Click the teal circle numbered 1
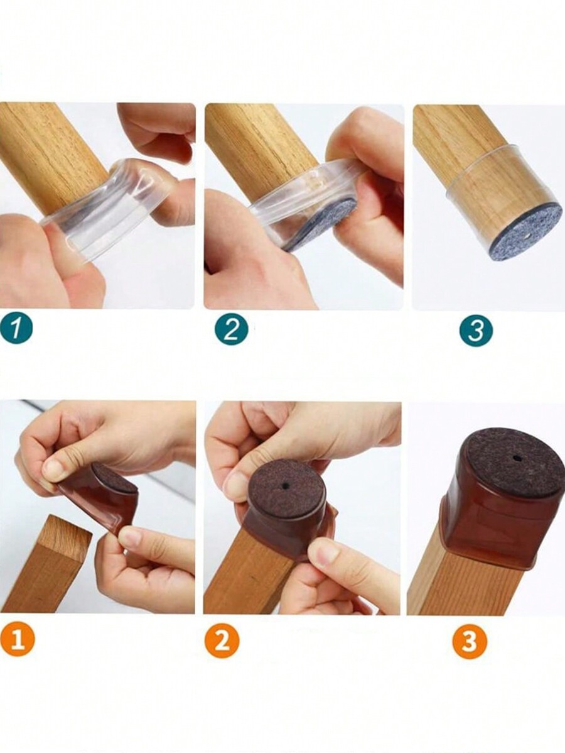16,329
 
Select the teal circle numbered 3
475,330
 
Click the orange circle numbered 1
18,639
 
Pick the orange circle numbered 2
222,640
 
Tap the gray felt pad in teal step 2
322,225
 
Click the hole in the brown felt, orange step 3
515,457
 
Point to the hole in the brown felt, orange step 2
286,486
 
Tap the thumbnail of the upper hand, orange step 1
52,468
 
